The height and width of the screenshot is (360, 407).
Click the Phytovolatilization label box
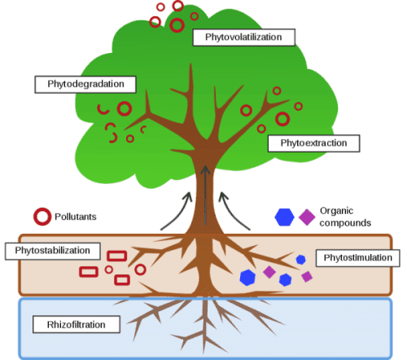[243, 37]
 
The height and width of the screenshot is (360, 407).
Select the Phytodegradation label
[85, 85]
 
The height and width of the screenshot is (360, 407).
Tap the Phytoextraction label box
[313, 143]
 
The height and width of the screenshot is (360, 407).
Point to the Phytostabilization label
[53, 251]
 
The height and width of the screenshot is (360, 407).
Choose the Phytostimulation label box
[357, 258]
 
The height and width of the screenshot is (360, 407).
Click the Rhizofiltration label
[77, 324]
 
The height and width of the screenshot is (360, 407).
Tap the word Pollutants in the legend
[76, 217]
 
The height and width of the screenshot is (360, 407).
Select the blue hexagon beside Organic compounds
[284, 217]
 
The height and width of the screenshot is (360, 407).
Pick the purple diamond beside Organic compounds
[307, 217]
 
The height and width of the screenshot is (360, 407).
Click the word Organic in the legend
[336, 211]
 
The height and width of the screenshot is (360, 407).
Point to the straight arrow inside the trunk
[205, 195]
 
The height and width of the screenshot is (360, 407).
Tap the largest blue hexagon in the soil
[247, 278]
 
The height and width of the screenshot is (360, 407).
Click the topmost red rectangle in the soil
[117, 256]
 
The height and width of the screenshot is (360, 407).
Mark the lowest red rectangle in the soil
[122, 280]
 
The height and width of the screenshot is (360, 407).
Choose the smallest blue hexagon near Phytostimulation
[300, 260]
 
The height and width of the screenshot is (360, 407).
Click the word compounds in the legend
[345, 223]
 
